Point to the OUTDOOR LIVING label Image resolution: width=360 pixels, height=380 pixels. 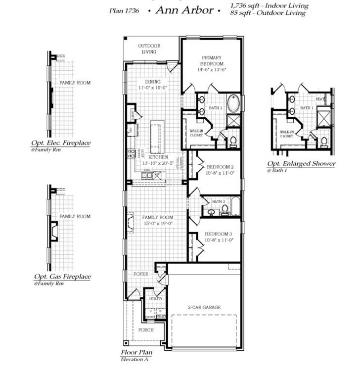point(149,48)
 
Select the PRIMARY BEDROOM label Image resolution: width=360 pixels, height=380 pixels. point(212,60)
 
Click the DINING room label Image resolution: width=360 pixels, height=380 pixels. point(153,82)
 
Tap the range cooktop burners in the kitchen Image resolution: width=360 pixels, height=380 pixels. point(132,153)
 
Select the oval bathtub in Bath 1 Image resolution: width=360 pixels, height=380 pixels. point(233,104)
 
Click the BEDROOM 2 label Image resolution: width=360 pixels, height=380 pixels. point(219,168)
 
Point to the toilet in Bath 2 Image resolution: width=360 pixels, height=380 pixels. point(225,209)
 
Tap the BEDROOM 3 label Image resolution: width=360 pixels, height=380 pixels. point(219,234)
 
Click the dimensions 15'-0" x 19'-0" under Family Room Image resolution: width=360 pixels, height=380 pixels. point(158,224)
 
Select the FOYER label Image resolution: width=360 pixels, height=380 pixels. point(140,274)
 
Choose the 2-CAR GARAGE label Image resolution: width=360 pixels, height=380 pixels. point(205,307)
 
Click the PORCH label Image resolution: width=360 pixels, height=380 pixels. point(146,330)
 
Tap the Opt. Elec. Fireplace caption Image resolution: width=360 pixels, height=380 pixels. point(61,143)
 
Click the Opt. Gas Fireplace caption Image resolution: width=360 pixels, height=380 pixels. point(62,277)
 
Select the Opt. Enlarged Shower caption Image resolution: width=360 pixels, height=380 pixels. point(301,164)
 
